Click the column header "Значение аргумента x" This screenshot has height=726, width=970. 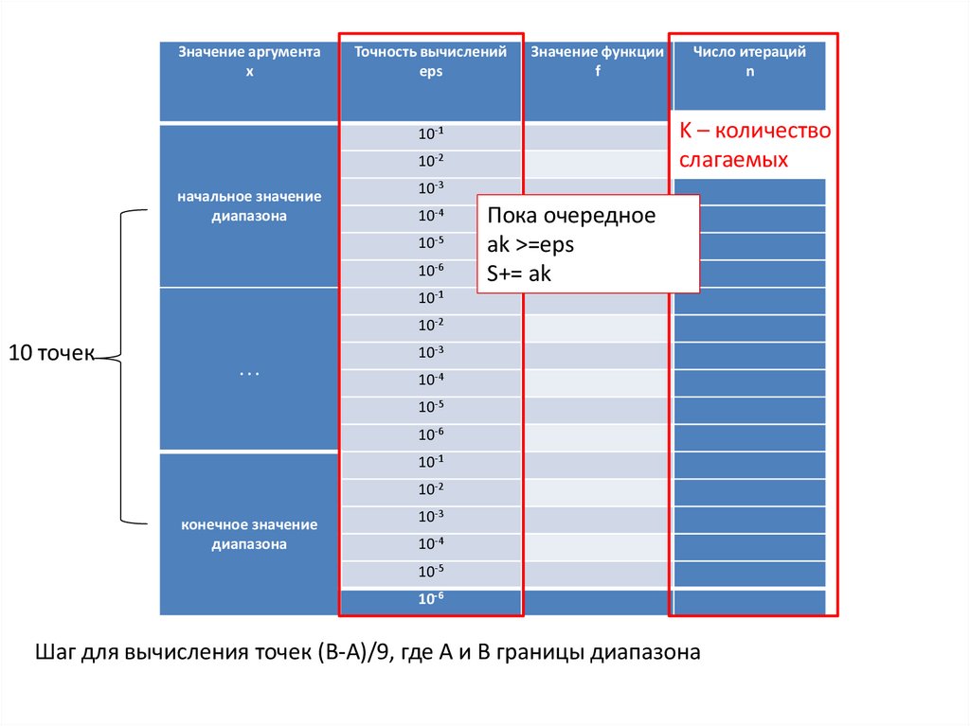[x=250, y=62]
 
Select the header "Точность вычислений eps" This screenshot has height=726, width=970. [x=431, y=62]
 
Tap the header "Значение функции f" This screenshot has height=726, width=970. [x=597, y=62]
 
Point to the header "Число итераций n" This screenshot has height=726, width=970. [x=749, y=62]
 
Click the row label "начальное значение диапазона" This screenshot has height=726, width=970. [x=249, y=206]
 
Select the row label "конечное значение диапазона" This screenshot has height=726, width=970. [x=249, y=535]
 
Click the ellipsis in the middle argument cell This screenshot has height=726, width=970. [x=249, y=372]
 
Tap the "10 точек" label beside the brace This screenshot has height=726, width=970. [x=51, y=354]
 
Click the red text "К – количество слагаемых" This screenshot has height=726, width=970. [x=754, y=145]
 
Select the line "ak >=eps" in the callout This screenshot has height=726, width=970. [x=530, y=244]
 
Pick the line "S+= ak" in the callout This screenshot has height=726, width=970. [x=519, y=274]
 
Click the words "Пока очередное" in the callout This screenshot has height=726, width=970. [x=571, y=215]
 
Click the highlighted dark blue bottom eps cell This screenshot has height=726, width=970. [x=431, y=600]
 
